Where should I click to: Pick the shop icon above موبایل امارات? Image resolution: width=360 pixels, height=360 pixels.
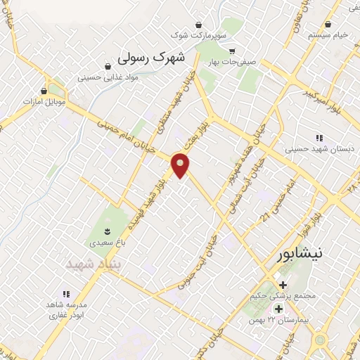point(46,91)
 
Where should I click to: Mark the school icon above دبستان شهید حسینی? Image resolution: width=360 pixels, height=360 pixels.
point(319,138)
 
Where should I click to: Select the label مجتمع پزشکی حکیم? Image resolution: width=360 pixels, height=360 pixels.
point(283,297)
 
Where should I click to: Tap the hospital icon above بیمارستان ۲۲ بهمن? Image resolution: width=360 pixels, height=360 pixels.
point(278,309)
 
